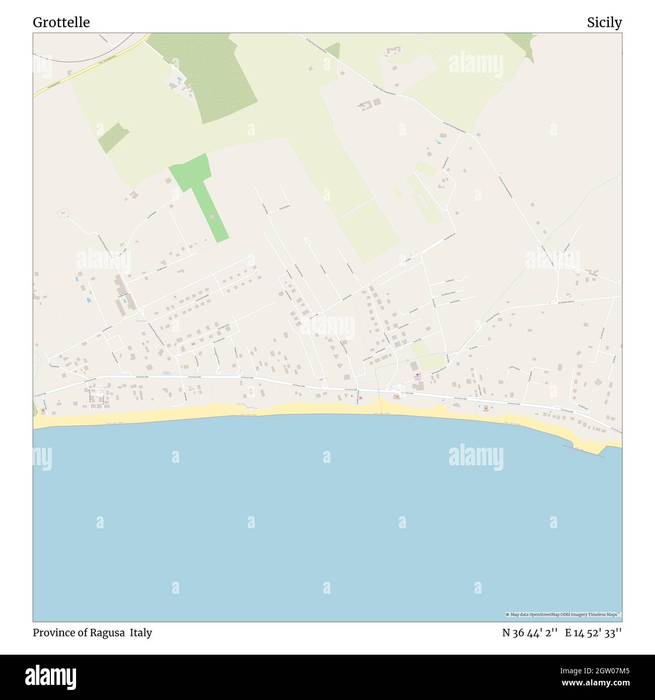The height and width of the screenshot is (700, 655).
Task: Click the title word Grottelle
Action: point(61,23)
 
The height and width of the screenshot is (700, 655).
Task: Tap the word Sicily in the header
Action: point(604,23)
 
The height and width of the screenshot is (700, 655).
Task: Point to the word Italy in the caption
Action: point(141,633)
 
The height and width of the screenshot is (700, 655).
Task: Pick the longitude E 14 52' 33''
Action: point(593,633)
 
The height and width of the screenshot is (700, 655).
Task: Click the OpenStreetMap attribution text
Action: point(563,614)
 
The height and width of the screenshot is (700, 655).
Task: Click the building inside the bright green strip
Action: point(213,217)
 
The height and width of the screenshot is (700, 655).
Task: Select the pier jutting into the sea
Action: point(584,450)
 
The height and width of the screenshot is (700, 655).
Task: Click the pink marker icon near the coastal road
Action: point(417,374)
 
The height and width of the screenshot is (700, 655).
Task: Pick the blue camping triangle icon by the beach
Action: point(352,396)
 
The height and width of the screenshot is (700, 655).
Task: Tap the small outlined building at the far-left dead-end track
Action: point(63,214)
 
